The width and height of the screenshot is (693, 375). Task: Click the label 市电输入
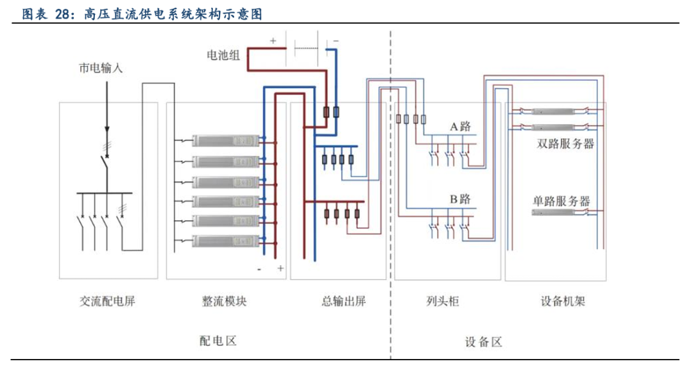(100, 68)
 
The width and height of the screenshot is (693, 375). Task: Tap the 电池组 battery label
(223, 55)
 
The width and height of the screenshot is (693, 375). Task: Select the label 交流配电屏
(107, 301)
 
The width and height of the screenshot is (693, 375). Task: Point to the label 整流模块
(224, 301)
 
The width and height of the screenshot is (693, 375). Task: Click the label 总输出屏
(343, 301)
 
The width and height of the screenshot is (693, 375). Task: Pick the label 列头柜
(442, 301)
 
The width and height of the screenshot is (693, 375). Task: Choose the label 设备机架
(563, 301)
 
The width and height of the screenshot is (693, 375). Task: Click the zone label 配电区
(218, 340)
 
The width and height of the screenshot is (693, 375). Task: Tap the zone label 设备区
(484, 342)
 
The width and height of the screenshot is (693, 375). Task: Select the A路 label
(461, 126)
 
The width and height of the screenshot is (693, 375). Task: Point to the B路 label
(461, 199)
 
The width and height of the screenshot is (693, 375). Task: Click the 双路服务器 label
(565, 144)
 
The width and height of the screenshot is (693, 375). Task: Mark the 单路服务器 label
(561, 201)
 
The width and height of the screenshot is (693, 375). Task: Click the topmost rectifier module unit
(225, 141)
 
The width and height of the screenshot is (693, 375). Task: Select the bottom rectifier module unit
(225, 241)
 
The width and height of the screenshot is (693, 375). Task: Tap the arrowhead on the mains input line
(107, 130)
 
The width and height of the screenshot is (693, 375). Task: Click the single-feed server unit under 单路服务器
(553, 213)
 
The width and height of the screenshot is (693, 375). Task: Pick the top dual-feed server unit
(553, 112)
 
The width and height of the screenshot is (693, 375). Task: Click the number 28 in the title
(62, 14)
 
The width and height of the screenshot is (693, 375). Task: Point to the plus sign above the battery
(273, 40)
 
